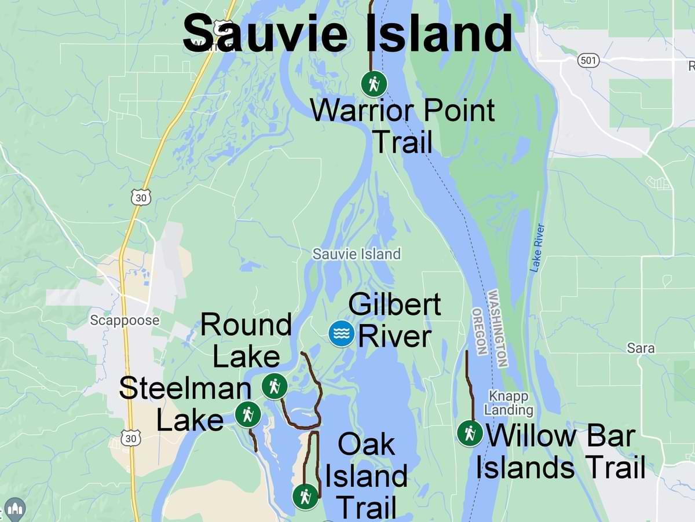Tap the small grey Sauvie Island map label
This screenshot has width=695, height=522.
pos(356,253)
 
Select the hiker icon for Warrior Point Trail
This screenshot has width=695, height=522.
pos(374,84)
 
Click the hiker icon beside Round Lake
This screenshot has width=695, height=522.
pos(275,387)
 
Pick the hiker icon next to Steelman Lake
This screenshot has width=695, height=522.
pos(248,415)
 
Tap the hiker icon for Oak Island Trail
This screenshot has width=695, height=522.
pos(305,497)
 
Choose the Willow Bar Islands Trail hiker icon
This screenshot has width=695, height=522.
pos(470,433)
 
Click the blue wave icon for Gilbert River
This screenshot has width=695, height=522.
pos(341,333)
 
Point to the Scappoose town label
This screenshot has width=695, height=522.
pos(124,320)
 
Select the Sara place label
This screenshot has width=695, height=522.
pos(641,348)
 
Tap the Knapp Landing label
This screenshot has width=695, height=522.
pos(509,403)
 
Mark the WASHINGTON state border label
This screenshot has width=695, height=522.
pos(498,328)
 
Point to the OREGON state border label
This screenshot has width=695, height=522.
pos(480,331)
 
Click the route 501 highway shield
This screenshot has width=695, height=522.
pos(588,60)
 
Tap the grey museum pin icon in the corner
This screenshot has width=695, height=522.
pos(14,509)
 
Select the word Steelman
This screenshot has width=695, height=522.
pos(185,389)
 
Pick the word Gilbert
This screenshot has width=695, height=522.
pos(394,304)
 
